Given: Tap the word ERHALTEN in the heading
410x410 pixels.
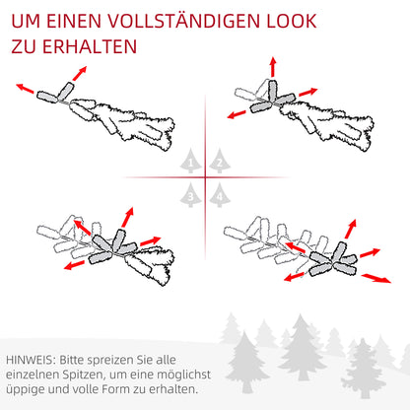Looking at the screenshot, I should [x=91, y=46].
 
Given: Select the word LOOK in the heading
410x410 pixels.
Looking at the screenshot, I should [x=293, y=19].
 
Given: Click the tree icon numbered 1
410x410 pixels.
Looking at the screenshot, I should [x=190, y=160].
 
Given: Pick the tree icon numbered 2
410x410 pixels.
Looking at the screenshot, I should [x=220, y=160].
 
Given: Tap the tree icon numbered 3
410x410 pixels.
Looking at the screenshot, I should [x=190, y=196].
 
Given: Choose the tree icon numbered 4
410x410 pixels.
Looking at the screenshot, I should [x=220, y=196].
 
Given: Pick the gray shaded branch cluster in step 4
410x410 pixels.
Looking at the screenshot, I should [x=329, y=258].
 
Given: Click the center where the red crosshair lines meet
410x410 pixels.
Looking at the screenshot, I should [x=205, y=177].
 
